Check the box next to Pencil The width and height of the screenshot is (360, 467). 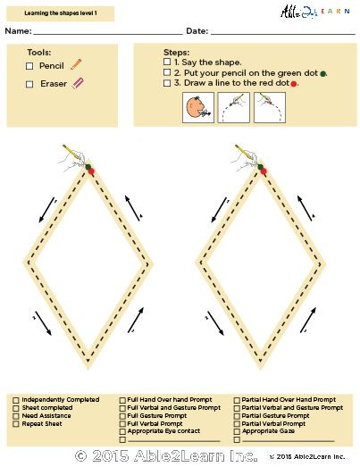click(x=29, y=66)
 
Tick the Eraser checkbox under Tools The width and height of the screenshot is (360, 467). click(x=29, y=84)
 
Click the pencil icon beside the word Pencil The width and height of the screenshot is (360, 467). click(x=76, y=64)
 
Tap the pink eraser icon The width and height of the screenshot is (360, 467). click(x=77, y=84)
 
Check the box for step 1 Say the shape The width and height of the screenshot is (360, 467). click(x=168, y=63)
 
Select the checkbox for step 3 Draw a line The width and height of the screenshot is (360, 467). click(x=168, y=83)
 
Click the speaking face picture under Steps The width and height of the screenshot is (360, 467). click(x=197, y=109)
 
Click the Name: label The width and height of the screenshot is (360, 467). click(x=18, y=31)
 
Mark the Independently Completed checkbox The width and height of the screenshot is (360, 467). click(x=15, y=400)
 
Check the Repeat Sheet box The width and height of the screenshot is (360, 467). click(x=15, y=423)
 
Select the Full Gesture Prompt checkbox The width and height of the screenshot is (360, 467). click(x=122, y=415)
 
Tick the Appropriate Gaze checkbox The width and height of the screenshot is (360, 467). click(x=236, y=430)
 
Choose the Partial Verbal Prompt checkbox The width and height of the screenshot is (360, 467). click(x=236, y=423)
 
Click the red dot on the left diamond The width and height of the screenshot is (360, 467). click(x=90, y=170)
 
